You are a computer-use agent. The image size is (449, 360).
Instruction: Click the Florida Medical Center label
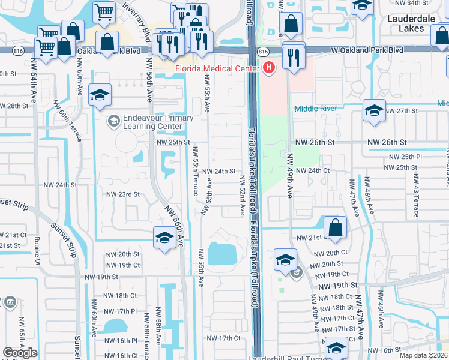click(x=217, y=68)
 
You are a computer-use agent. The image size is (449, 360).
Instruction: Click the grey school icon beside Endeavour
click(x=113, y=122)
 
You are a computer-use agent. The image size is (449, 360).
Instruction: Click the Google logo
click(x=20, y=353)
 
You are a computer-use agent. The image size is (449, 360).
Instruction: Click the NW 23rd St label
click(x=122, y=194)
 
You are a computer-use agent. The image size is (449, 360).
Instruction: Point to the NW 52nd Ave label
click(x=243, y=195)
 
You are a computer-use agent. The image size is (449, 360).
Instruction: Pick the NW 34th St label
click(x=409, y=3)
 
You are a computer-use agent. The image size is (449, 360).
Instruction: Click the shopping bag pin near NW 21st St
click(x=335, y=228)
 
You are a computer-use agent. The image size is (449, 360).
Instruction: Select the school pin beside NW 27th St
click(x=374, y=110)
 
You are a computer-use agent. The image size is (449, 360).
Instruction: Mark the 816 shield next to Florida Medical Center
click(x=263, y=52)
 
